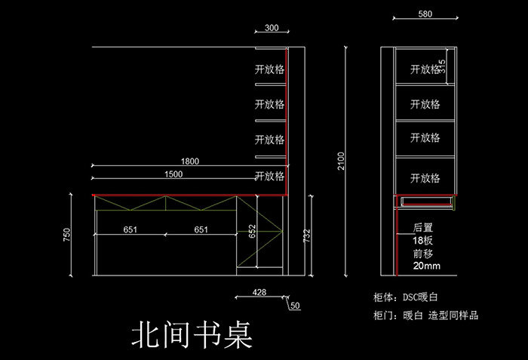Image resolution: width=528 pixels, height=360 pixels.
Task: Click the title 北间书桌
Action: pos(192,334)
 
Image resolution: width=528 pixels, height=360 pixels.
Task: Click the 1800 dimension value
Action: pos(190,161)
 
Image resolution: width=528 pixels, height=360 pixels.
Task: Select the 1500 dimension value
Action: pos(173,174)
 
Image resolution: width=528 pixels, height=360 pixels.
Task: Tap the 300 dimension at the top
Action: pos(272,28)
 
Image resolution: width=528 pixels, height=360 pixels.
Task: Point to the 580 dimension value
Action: pos(425,14)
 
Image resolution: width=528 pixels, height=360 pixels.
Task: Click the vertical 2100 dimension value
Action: pos(341,161)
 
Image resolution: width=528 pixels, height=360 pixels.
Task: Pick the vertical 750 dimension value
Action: pos(66,235)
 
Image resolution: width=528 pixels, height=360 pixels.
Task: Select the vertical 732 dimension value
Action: pos(306,235)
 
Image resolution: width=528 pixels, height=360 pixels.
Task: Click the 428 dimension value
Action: pos(259,292)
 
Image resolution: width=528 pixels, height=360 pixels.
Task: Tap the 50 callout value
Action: pos(295,306)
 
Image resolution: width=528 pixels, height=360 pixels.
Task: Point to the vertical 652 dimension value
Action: pos(252,231)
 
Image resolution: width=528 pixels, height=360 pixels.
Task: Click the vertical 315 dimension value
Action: pos(442,66)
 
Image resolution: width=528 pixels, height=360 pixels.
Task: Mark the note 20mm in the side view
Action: pos(427,266)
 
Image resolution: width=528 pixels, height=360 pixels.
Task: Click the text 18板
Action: pos(422,240)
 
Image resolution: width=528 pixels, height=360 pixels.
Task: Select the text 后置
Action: pos(423,227)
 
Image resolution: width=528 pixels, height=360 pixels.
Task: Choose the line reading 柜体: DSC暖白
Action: pos(406,297)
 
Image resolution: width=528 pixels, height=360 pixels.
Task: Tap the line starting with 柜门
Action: pos(425,315)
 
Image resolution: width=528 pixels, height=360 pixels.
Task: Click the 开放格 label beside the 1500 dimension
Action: pos(269,176)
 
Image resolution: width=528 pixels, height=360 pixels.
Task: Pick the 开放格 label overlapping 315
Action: pos(425,69)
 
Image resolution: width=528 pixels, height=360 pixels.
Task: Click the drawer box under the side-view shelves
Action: pos(425,202)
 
